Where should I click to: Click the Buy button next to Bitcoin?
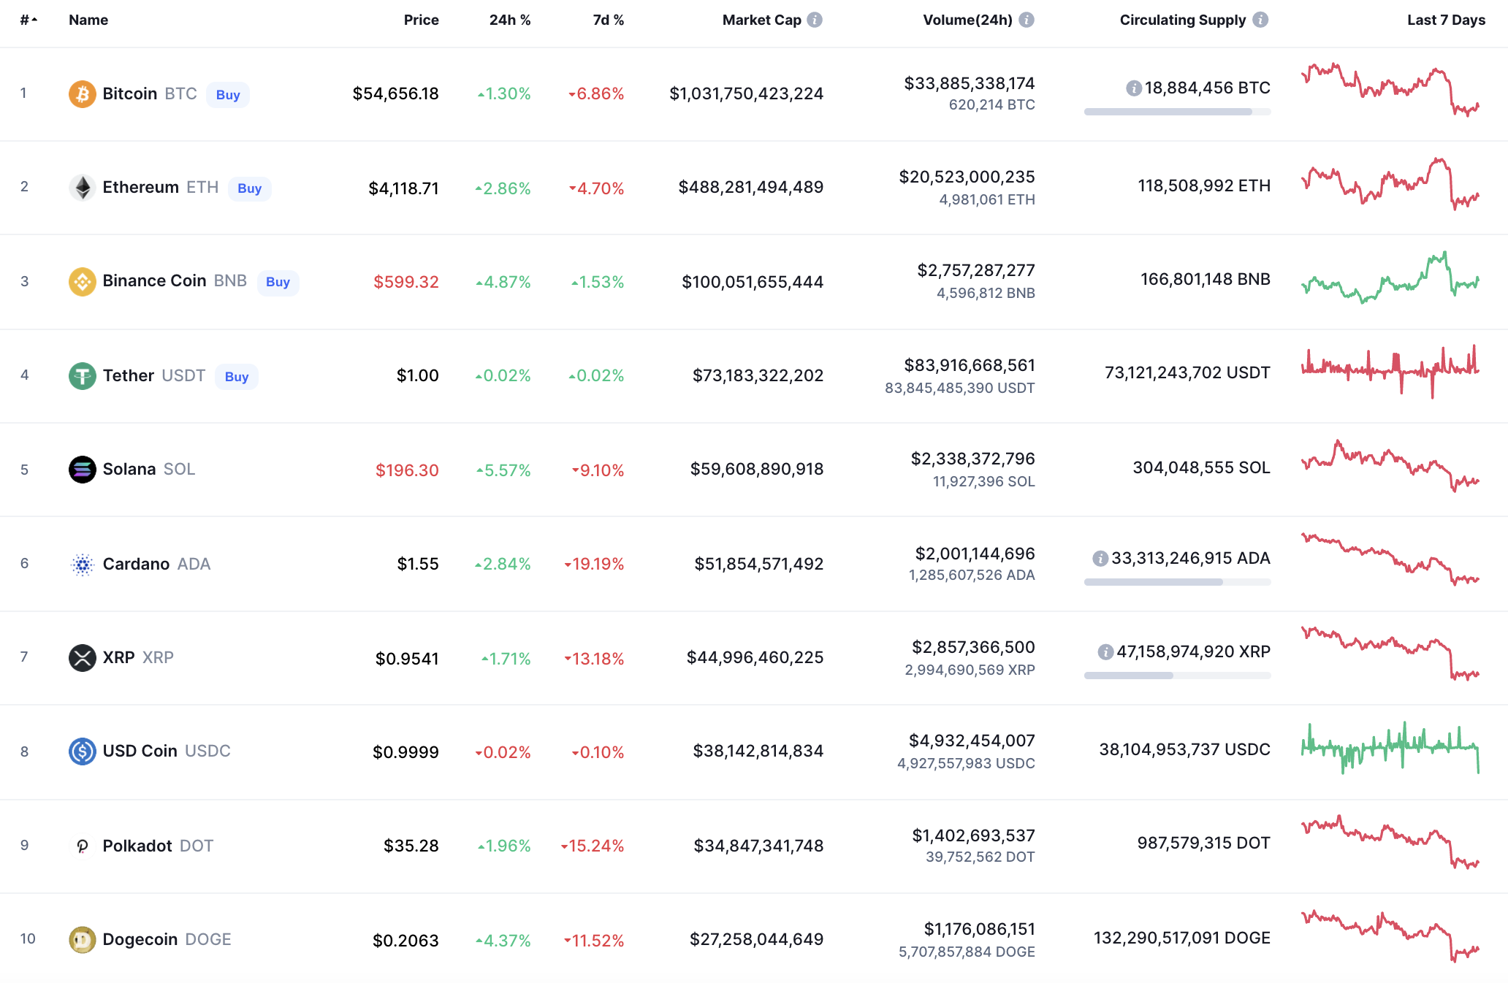pos(228,95)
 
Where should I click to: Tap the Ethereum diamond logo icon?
pos(83,188)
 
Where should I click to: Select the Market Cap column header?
pos(761,20)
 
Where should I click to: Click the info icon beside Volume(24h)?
pos(1027,20)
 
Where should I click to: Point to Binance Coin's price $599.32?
pos(405,282)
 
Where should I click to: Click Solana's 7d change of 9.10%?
pos(598,470)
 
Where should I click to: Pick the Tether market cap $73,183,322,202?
pos(758,375)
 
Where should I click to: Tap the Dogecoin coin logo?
pos(83,940)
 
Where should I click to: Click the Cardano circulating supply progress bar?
pos(1177,582)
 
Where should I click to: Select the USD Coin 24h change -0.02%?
pos(503,752)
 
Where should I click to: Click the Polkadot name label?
pos(137,846)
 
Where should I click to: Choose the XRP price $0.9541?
pos(407,659)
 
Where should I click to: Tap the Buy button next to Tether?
pos(237,377)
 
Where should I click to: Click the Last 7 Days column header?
pos(1446,20)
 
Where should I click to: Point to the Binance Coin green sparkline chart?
pos(1390,278)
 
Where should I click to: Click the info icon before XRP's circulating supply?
pos(1105,651)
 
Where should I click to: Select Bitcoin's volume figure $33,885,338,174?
pos(970,83)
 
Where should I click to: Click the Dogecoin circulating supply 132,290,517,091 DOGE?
pos(1181,938)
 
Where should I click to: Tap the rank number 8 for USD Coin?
pos(25,751)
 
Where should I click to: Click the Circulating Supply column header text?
pos(1182,20)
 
